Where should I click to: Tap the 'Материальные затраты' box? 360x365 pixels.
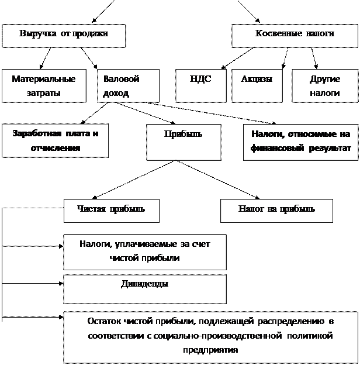[x=43, y=86]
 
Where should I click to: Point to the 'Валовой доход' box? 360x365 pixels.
[x=127, y=86]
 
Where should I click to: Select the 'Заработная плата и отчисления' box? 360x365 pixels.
[x=55, y=141]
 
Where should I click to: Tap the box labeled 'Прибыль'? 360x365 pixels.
[x=184, y=141]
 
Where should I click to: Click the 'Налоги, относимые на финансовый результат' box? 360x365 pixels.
[x=300, y=141]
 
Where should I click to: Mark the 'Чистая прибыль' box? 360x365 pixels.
[x=111, y=210]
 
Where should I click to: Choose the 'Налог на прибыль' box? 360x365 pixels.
[x=276, y=210]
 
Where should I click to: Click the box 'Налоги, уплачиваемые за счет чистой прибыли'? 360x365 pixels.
[x=144, y=252]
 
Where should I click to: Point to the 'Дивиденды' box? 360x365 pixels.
[x=144, y=288]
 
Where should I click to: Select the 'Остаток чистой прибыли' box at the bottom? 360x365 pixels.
[x=210, y=337]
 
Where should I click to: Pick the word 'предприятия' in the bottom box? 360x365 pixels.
[x=210, y=350]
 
